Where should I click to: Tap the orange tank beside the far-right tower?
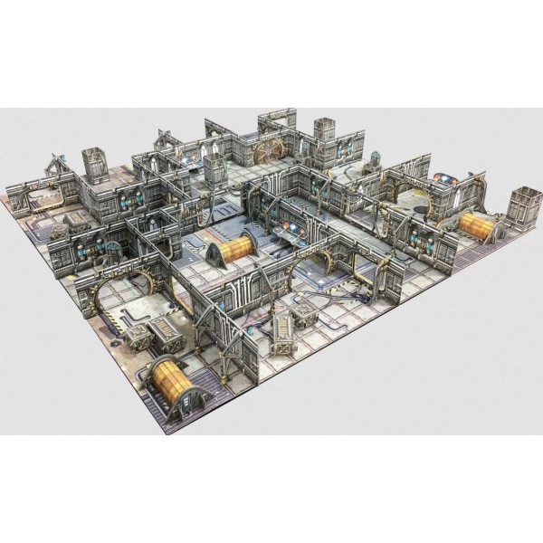pos(478,226)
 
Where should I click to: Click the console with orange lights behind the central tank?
pos(288,233)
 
